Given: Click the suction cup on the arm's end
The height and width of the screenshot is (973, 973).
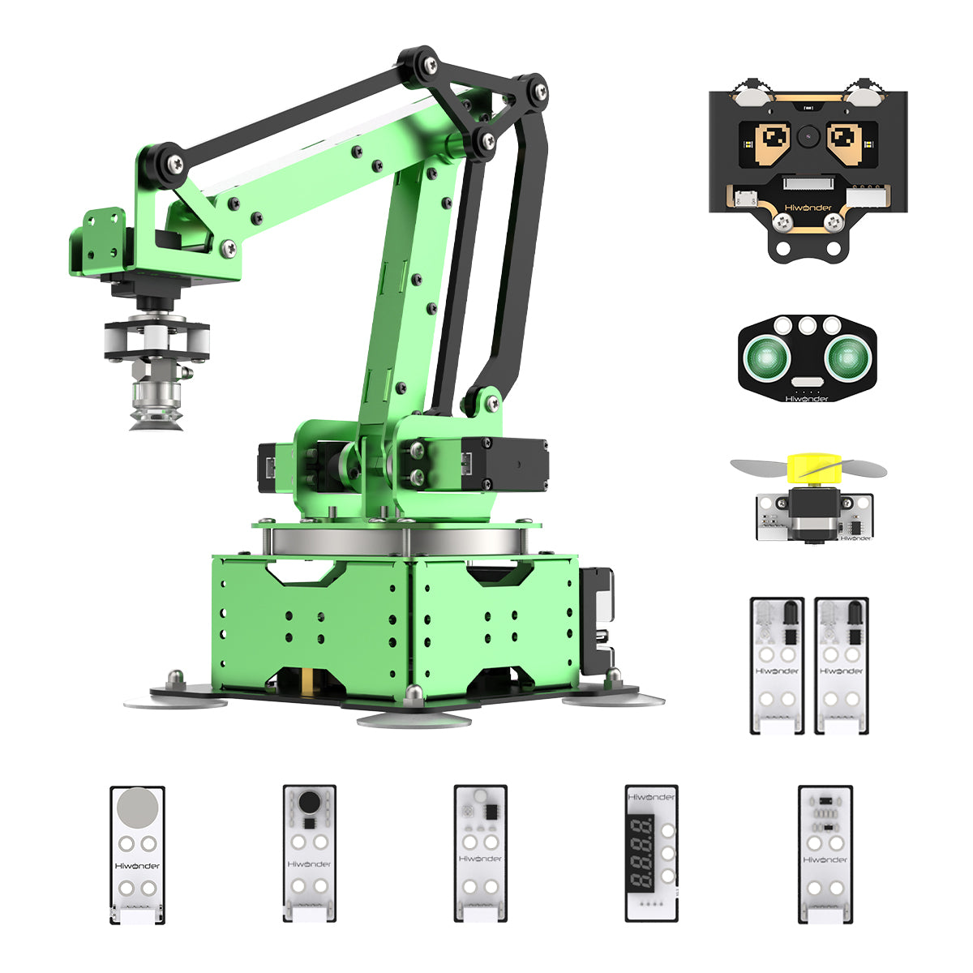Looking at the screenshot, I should [x=156, y=419].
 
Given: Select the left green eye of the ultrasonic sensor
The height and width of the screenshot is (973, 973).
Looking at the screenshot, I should [x=764, y=355].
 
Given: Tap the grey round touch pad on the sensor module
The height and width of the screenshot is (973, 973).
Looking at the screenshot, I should [x=137, y=808].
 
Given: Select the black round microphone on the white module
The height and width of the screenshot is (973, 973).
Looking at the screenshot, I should [x=309, y=802].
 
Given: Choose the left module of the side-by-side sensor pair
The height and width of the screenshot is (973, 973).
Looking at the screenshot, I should [x=777, y=665].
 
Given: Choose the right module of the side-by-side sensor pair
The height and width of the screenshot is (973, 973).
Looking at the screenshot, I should [x=841, y=665].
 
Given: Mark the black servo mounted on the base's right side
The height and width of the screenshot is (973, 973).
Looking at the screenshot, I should [x=597, y=619].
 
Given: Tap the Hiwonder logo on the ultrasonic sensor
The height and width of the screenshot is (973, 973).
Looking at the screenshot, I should [x=808, y=398].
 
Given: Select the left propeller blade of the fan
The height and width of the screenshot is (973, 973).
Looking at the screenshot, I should [x=760, y=467].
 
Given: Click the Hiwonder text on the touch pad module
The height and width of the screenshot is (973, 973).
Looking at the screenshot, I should [x=137, y=865].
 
